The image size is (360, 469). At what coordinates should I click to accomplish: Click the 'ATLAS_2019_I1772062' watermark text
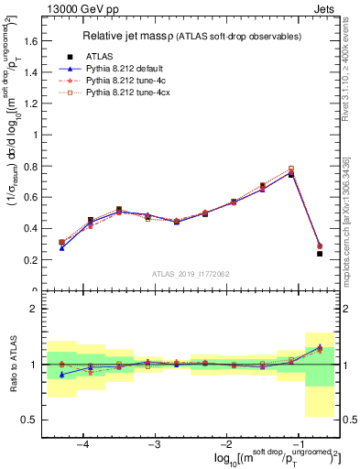192,273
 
